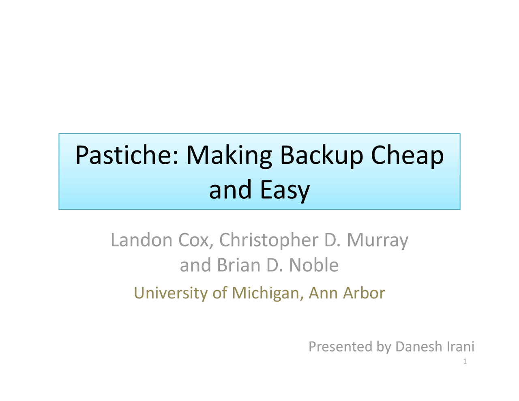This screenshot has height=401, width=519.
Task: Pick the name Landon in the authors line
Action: [142, 240]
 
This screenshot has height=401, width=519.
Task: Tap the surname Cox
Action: [195, 240]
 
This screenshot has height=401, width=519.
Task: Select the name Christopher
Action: [268, 240]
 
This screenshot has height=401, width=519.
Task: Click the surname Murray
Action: [377, 240]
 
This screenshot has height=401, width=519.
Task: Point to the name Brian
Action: [239, 265]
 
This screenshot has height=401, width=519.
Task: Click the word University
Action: [171, 293]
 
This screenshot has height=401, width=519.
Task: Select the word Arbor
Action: [364, 293]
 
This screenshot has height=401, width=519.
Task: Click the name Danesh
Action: [418, 347]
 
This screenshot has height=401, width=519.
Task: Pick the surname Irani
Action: [460, 347]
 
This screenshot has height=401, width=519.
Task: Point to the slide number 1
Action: [465, 362]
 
